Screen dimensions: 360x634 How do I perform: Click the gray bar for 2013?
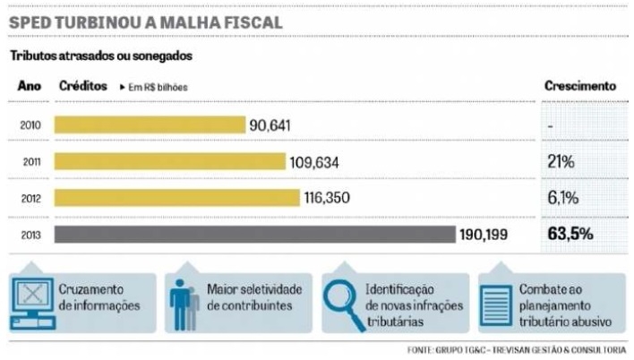point(254,235)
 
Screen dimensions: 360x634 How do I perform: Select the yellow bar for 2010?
point(150,124)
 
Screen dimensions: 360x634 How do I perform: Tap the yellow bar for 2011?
point(170,161)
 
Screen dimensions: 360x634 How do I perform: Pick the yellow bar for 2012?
point(176,198)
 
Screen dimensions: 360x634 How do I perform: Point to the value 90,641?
point(270,124)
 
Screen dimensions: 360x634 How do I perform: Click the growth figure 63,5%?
point(570,235)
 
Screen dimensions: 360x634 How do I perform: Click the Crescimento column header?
point(580,86)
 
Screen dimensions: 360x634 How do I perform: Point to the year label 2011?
point(30,161)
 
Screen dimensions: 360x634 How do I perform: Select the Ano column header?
point(30,86)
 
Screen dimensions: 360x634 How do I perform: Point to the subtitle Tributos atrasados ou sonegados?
point(101,56)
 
